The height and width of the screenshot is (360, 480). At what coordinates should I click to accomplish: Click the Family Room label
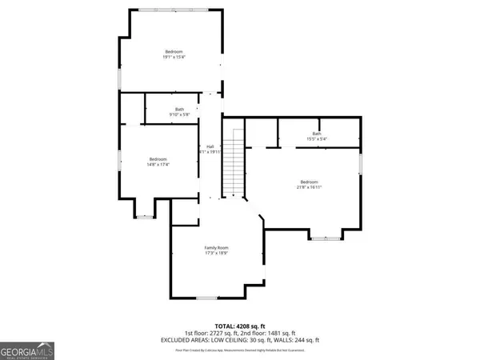click(216, 247)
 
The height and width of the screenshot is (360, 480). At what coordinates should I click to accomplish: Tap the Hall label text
click(210, 146)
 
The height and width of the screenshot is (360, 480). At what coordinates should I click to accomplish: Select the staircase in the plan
click(232, 165)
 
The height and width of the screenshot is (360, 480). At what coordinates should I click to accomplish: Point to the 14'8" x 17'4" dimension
click(158, 163)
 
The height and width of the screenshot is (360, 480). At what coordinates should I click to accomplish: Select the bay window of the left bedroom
click(145, 215)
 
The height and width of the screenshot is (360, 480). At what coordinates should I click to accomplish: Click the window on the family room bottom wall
click(206, 298)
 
